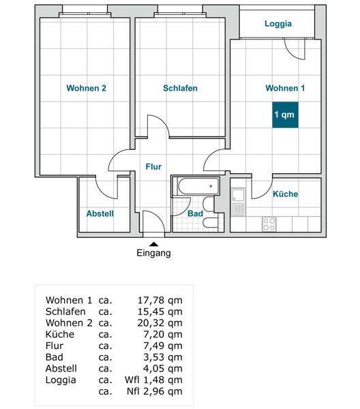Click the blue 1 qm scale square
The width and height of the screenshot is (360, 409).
point(285,115)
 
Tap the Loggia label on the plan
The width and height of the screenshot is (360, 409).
point(278,24)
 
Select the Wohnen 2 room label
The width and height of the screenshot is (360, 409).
point(86,88)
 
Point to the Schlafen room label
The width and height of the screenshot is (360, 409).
point(180,88)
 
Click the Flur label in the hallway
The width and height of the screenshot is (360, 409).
point(153,167)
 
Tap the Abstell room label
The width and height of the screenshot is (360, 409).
point(100,213)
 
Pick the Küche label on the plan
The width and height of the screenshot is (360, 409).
point(286,194)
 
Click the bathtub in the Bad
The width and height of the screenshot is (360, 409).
point(198,186)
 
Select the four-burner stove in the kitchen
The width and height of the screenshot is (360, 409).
point(269,224)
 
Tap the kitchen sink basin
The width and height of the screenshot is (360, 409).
point(238,194)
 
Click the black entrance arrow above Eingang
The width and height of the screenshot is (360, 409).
point(154,244)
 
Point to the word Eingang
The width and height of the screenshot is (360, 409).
point(153,253)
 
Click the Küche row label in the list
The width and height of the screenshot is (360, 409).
point(60,335)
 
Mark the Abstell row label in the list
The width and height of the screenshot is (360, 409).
point(61,369)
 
